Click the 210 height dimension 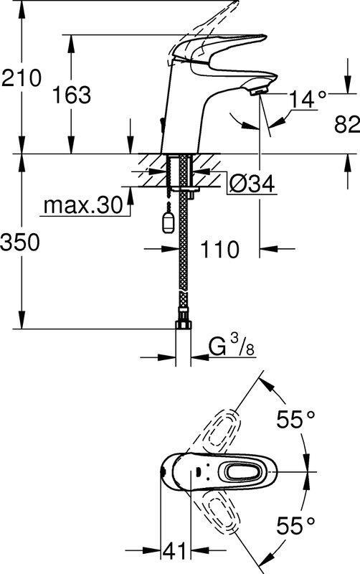(x=22, y=78)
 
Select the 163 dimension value (x=71, y=95)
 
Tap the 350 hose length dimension (x=20, y=242)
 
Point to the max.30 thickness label (x=83, y=205)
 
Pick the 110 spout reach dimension (x=219, y=249)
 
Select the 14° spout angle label (x=308, y=99)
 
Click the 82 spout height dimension (x=347, y=124)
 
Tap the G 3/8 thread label (x=232, y=347)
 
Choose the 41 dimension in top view (x=174, y=551)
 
